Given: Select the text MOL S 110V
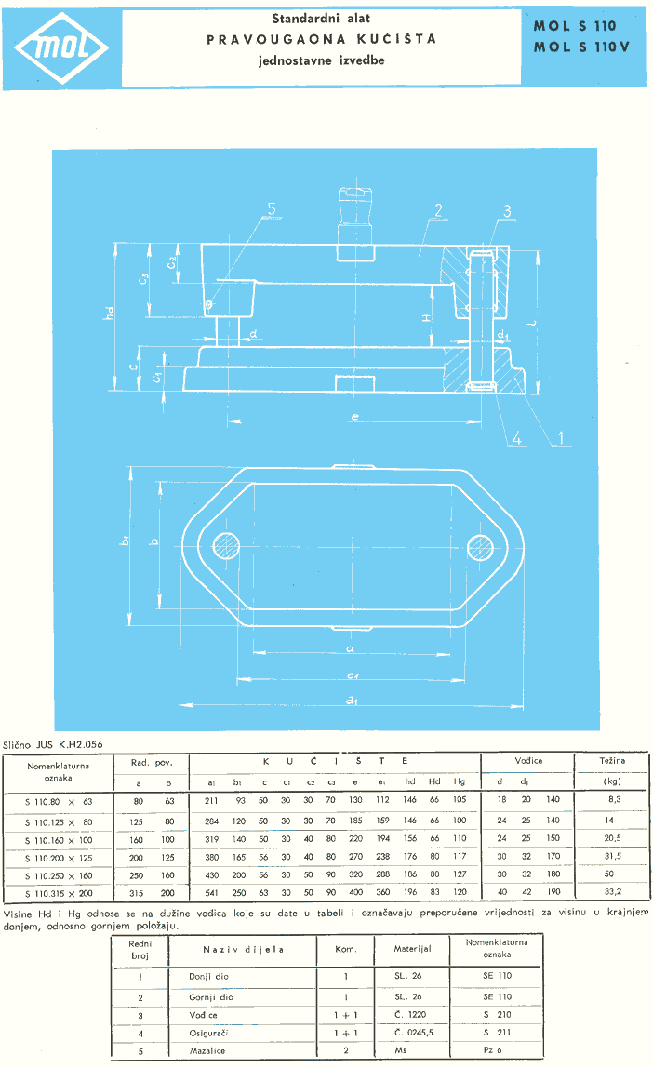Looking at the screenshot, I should click(581, 47).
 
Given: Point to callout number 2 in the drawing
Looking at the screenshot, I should click(436, 211).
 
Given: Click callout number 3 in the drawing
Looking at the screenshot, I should click(506, 211).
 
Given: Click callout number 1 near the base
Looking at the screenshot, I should click(562, 433).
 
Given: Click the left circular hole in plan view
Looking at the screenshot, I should click(226, 543).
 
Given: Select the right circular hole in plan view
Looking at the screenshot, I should click(481, 543).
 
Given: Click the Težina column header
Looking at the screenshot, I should click(611, 761).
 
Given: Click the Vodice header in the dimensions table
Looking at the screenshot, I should click(528, 761).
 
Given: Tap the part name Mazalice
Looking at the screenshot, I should click(210, 1050).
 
